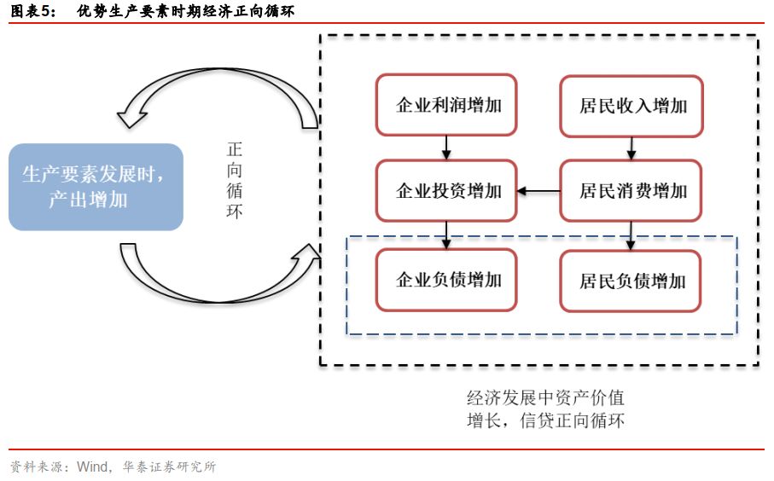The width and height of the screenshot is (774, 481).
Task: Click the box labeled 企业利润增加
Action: [446, 105]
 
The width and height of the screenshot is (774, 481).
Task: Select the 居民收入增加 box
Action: [631, 106]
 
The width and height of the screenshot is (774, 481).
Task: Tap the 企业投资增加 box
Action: [446, 190]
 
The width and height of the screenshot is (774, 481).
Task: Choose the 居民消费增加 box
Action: [631, 190]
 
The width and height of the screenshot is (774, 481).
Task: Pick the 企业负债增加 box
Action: [446, 280]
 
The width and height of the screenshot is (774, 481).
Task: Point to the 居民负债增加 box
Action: [631, 281]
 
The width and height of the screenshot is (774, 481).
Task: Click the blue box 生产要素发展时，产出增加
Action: [96, 187]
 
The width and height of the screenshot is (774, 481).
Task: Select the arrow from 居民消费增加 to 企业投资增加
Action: [538, 191]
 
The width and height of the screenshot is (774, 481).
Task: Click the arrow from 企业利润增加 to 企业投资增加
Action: [446, 148]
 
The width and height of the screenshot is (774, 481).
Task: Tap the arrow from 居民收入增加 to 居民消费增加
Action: [631, 148]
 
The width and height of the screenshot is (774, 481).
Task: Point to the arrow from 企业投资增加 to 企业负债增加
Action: [446, 235]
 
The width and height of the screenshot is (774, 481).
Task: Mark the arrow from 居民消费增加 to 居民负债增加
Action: [631, 236]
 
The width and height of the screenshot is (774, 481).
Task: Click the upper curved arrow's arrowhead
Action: [131, 117]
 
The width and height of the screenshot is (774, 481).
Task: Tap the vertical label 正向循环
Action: [235, 180]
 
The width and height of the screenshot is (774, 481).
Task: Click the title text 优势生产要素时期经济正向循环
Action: [185, 10]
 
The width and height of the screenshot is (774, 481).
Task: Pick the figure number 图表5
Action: [32, 10]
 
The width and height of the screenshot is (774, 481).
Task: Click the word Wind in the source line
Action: [92, 467]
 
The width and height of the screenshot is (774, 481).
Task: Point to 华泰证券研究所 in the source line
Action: [169, 467]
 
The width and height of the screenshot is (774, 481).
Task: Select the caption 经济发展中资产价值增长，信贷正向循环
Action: [546, 409]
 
